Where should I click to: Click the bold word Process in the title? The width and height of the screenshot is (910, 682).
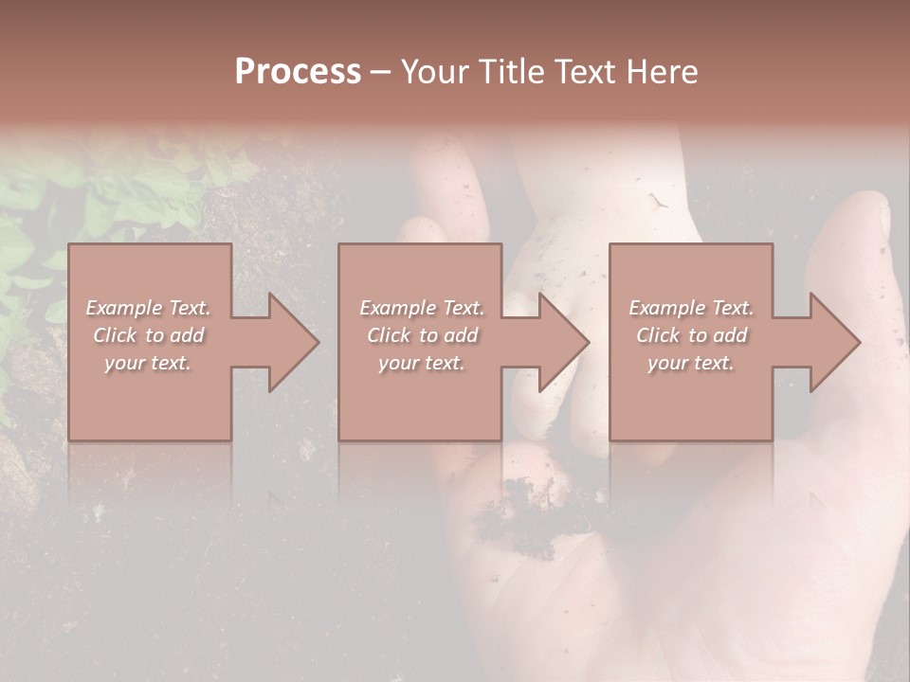click(x=298, y=71)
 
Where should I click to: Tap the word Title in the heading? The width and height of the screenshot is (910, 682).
click(x=509, y=71)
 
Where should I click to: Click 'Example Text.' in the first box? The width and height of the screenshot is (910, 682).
click(x=148, y=308)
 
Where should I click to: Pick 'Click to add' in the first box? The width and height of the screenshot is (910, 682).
click(x=148, y=335)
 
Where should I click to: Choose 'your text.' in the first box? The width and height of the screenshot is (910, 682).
click(x=148, y=363)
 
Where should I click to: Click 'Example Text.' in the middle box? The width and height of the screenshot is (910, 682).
click(x=421, y=308)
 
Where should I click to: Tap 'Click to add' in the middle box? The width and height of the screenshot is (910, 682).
click(x=421, y=335)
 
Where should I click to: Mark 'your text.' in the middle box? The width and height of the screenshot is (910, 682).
click(x=421, y=363)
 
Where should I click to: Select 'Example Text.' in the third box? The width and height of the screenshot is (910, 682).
click(x=691, y=308)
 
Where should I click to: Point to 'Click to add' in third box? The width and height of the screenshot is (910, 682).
click(x=691, y=335)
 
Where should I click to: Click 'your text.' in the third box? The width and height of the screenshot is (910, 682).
click(x=691, y=363)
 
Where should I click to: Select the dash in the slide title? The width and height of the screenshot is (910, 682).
click(x=380, y=73)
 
